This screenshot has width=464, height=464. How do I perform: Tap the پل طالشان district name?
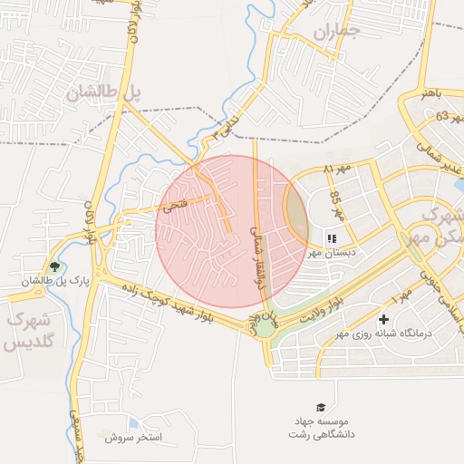(x=104, y=92)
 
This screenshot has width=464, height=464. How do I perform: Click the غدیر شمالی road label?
(x=439, y=155)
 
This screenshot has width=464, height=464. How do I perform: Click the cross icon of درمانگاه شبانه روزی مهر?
(x=384, y=319)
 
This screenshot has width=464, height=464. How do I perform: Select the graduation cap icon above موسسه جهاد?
(x=319, y=407)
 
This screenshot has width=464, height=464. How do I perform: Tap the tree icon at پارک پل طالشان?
(x=55, y=266)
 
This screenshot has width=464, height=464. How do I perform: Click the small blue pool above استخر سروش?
(x=134, y=422)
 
